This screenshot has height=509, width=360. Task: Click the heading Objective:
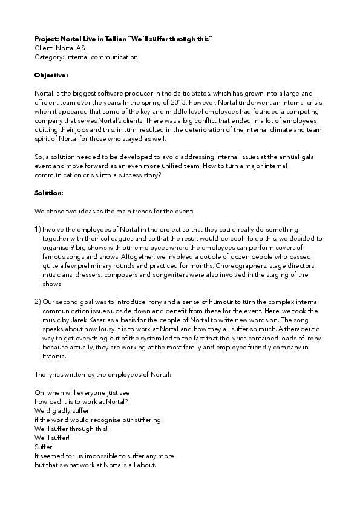[x=51, y=76]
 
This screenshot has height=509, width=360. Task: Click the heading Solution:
[x=49, y=193]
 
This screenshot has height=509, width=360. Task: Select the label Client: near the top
[x=44, y=48]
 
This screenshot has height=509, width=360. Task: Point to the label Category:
[x=49, y=57]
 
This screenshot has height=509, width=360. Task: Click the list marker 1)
[x=38, y=230]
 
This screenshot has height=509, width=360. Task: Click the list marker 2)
[x=38, y=302]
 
